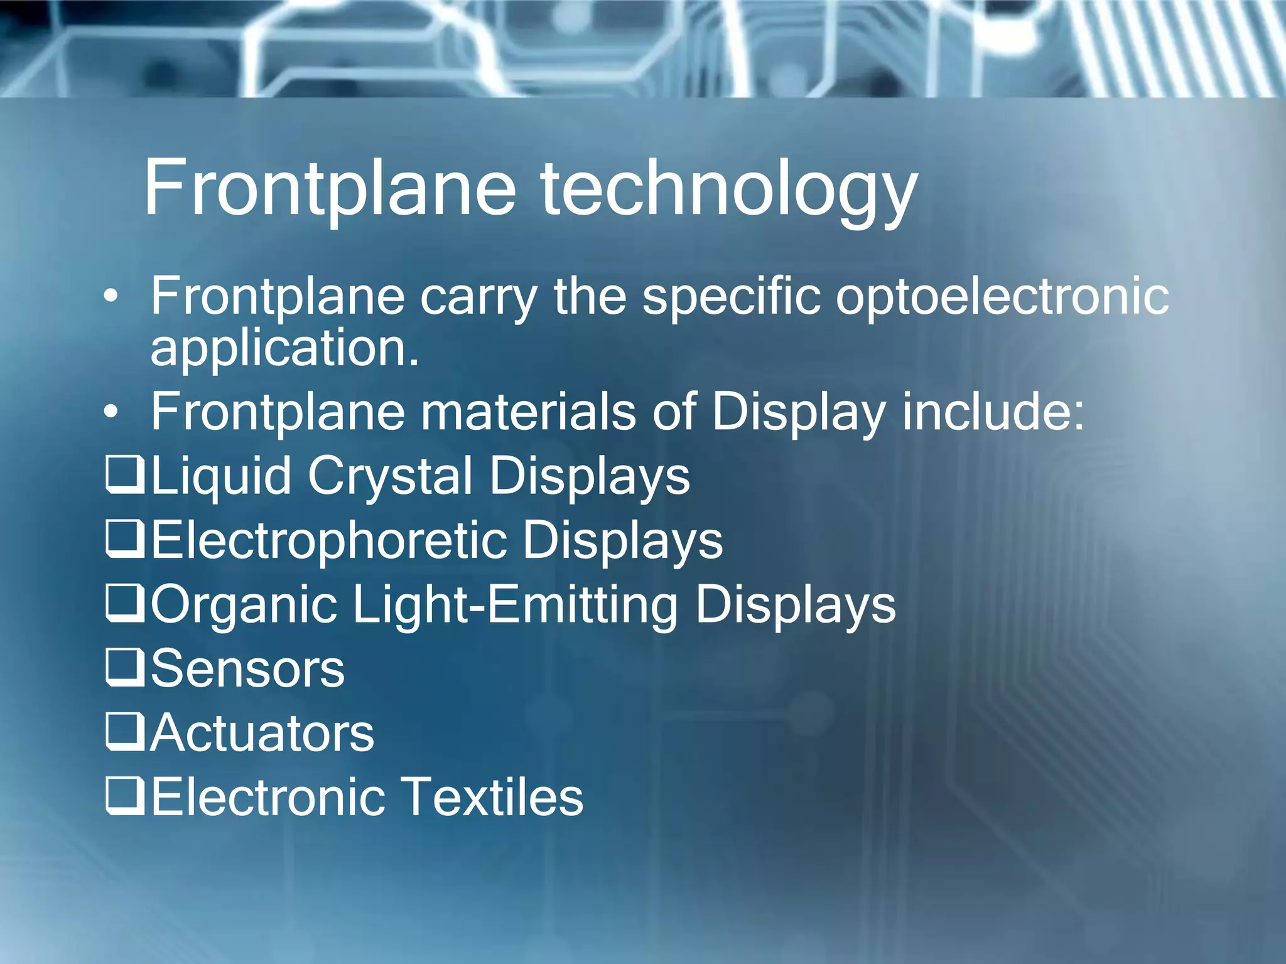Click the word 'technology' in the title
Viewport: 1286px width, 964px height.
pos(728,189)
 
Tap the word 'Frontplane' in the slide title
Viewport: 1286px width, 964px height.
pos(330,189)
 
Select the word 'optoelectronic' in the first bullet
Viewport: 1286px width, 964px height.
pos(1002,296)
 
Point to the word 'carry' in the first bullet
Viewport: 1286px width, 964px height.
pos(478,297)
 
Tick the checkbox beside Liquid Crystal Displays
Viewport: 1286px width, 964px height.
pos(125,475)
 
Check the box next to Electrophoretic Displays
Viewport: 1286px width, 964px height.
pos(125,539)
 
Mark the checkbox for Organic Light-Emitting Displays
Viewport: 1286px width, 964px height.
pos(125,603)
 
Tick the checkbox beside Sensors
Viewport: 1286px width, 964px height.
pos(125,668)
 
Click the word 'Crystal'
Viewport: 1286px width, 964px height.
pos(390,476)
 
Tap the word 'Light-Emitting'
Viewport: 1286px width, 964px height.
pos(515,605)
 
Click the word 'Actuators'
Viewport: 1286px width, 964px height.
pos(262,732)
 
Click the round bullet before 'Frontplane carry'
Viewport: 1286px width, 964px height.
pos(111,296)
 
